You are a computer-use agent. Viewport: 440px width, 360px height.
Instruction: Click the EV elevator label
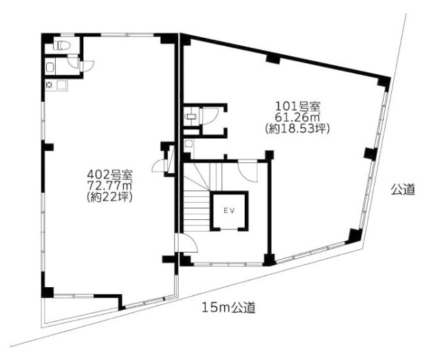point(230,210)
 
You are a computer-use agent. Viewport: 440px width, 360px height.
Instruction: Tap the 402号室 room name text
point(109,175)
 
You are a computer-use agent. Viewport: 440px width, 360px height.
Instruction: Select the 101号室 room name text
point(298,106)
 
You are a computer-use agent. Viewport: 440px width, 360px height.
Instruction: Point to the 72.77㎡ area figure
point(109,186)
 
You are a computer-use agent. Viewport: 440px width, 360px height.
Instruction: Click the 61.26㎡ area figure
point(298,117)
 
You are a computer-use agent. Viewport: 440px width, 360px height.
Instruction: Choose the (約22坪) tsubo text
point(109,197)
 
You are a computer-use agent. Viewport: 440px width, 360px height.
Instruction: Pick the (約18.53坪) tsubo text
point(298,128)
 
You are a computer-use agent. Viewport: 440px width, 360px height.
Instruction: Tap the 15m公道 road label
point(228,308)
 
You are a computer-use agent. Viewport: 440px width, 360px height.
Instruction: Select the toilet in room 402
point(62,45)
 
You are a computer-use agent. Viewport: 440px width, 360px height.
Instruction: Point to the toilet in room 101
point(191,116)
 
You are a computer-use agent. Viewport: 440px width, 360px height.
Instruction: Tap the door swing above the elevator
point(247,171)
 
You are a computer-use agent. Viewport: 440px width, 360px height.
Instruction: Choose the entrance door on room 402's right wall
point(159,168)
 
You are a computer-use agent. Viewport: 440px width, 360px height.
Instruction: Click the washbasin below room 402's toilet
point(50,67)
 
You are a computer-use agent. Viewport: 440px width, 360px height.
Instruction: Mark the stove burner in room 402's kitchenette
point(49,85)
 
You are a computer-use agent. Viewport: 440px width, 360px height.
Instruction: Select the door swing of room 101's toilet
point(210,117)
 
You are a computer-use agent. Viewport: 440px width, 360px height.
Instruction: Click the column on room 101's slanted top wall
point(273,58)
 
